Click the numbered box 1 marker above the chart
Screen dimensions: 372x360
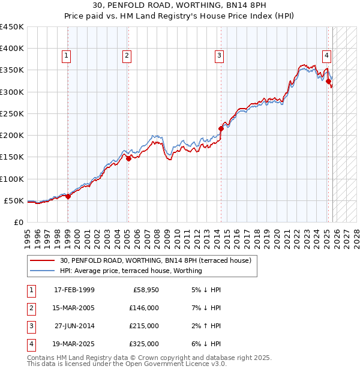(x=66, y=56)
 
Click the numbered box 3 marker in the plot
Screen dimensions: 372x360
(x=219, y=56)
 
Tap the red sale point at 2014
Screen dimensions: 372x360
(x=221, y=128)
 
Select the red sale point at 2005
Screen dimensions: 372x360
(x=128, y=158)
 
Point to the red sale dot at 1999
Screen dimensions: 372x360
(x=68, y=196)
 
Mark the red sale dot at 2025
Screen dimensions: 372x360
(x=328, y=81)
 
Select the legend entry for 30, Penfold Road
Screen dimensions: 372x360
(x=158, y=260)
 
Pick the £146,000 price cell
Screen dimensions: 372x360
(x=144, y=308)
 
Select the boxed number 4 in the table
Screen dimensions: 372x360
(x=29, y=344)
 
